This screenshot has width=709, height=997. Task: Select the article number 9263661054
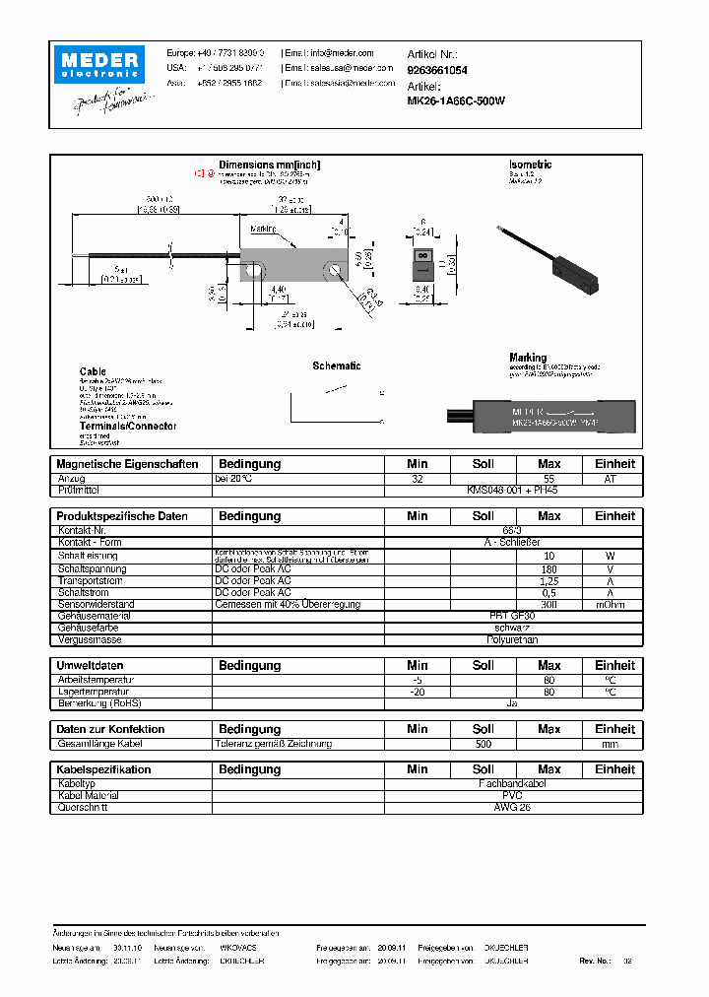(436, 71)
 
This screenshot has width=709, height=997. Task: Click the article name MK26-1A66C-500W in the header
(456, 100)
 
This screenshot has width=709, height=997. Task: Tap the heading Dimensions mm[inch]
(269, 166)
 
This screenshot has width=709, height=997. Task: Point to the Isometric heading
(530, 166)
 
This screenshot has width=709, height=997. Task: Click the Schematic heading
(337, 366)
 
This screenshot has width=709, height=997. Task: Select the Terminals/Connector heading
(128, 426)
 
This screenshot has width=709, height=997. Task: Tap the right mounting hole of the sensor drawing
(337, 268)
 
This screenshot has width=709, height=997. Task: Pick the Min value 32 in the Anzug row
(418, 478)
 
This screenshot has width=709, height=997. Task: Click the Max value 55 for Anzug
(548, 478)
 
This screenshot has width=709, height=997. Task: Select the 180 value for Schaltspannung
(548, 569)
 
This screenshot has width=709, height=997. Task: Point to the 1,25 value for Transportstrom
(548, 581)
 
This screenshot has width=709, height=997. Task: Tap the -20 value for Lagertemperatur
(418, 692)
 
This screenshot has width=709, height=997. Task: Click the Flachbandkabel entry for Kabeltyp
(513, 784)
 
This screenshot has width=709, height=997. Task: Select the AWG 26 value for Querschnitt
(513, 808)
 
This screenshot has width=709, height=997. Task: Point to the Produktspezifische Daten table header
(122, 516)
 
